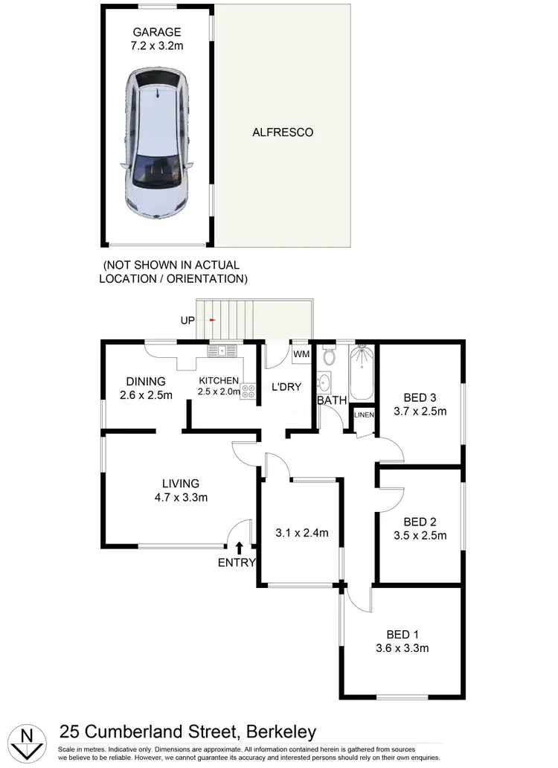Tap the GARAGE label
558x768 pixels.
pyautogui.click(x=158, y=32)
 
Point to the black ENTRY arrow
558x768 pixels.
pyautogui.click(x=238, y=548)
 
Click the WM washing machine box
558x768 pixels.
pyautogui.click(x=301, y=353)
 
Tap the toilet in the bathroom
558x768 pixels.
pyautogui.click(x=330, y=356)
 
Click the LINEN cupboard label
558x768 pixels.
pyautogui.click(x=364, y=415)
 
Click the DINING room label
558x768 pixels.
pyautogui.click(x=146, y=382)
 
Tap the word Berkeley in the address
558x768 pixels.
pyautogui.click(x=276, y=732)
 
